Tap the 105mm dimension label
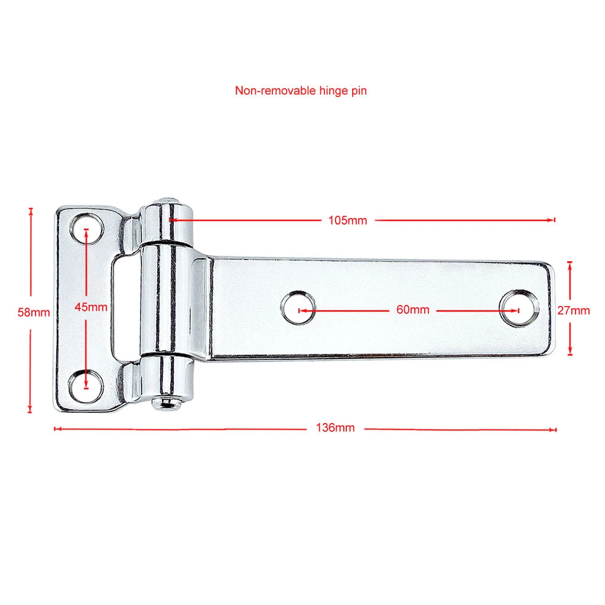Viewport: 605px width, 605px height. click(347, 220)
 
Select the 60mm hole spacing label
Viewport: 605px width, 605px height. click(413, 310)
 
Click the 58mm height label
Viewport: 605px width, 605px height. click(34, 312)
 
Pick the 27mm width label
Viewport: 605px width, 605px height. click(573, 310)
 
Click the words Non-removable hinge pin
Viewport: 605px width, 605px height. click(301, 91)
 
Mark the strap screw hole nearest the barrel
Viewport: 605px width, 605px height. click(298, 308)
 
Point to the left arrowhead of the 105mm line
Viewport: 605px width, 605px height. click(173, 220)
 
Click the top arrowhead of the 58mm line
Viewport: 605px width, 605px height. click(31, 210)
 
